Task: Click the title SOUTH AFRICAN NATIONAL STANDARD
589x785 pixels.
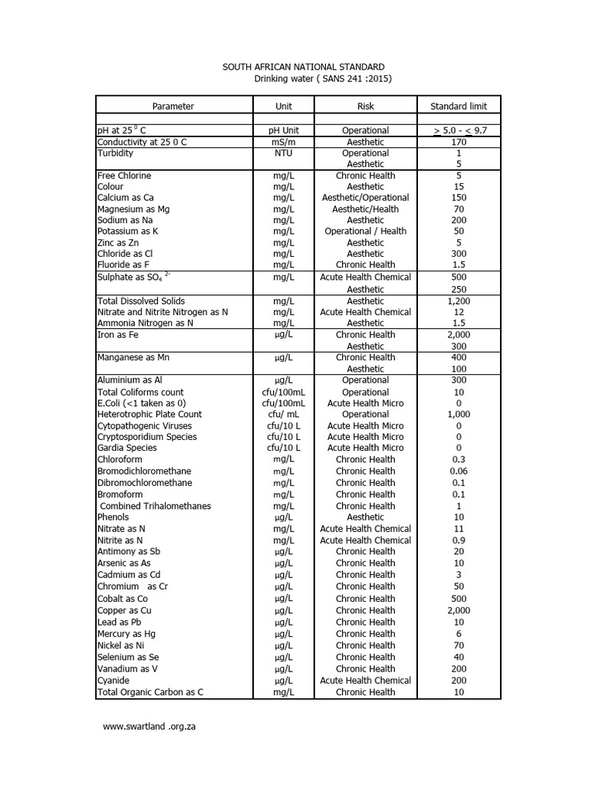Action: (x=304, y=67)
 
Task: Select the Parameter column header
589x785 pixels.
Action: (x=173, y=107)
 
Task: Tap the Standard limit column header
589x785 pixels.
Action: (x=459, y=107)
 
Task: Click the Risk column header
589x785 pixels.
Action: (x=366, y=107)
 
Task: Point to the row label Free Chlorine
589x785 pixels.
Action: (x=124, y=176)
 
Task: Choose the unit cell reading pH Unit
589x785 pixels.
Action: (x=284, y=130)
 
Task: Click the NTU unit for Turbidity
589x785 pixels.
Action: (x=284, y=153)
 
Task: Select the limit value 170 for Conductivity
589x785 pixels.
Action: (x=459, y=142)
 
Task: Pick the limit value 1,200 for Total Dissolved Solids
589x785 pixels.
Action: (x=459, y=301)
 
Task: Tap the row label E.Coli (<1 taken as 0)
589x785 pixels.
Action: (x=141, y=403)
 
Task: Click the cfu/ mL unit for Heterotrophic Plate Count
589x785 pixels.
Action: (x=284, y=414)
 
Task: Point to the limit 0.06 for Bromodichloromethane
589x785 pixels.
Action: (x=459, y=471)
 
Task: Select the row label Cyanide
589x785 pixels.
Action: (x=114, y=681)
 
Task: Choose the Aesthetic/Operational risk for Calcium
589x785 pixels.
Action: (x=366, y=198)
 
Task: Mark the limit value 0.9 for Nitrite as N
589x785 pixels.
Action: (x=459, y=540)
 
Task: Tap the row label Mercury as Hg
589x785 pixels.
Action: (x=127, y=634)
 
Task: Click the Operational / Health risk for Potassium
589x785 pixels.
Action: (x=366, y=232)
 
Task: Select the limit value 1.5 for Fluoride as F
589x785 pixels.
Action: (x=459, y=265)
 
